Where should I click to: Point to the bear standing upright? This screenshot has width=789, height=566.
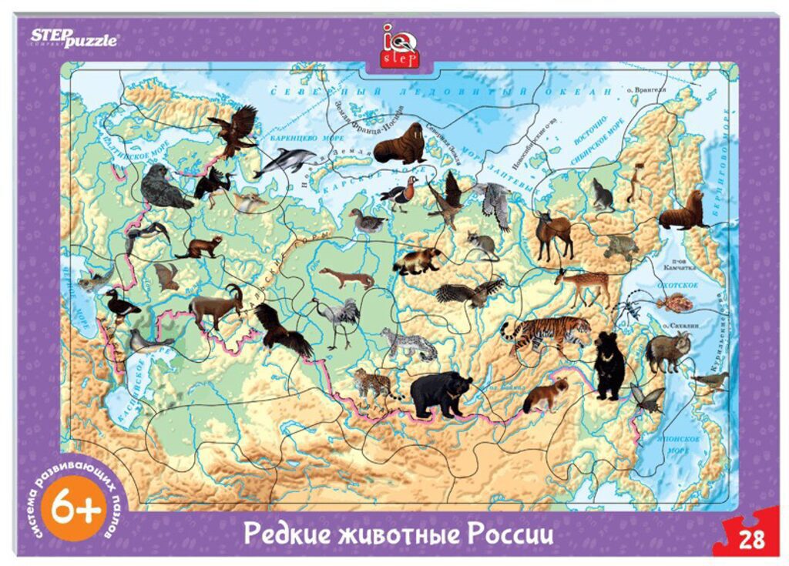point(609,363)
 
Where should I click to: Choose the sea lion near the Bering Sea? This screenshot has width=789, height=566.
point(683,212)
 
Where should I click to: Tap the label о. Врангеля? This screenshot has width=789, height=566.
point(644,90)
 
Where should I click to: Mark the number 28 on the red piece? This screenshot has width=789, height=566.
point(751,538)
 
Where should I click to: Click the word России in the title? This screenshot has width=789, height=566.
point(511,534)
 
